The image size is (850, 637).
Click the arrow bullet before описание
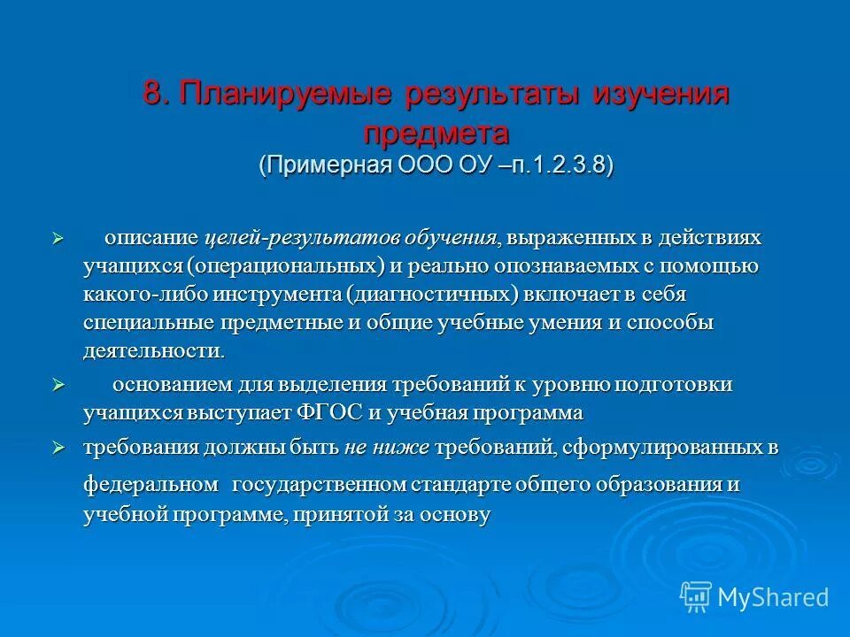pyautogui.click(x=58, y=239)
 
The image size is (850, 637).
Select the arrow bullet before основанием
pyautogui.click(x=58, y=386)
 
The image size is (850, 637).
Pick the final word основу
pyautogui.click(x=457, y=516)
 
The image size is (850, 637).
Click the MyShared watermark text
pyautogui.click(x=773, y=597)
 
